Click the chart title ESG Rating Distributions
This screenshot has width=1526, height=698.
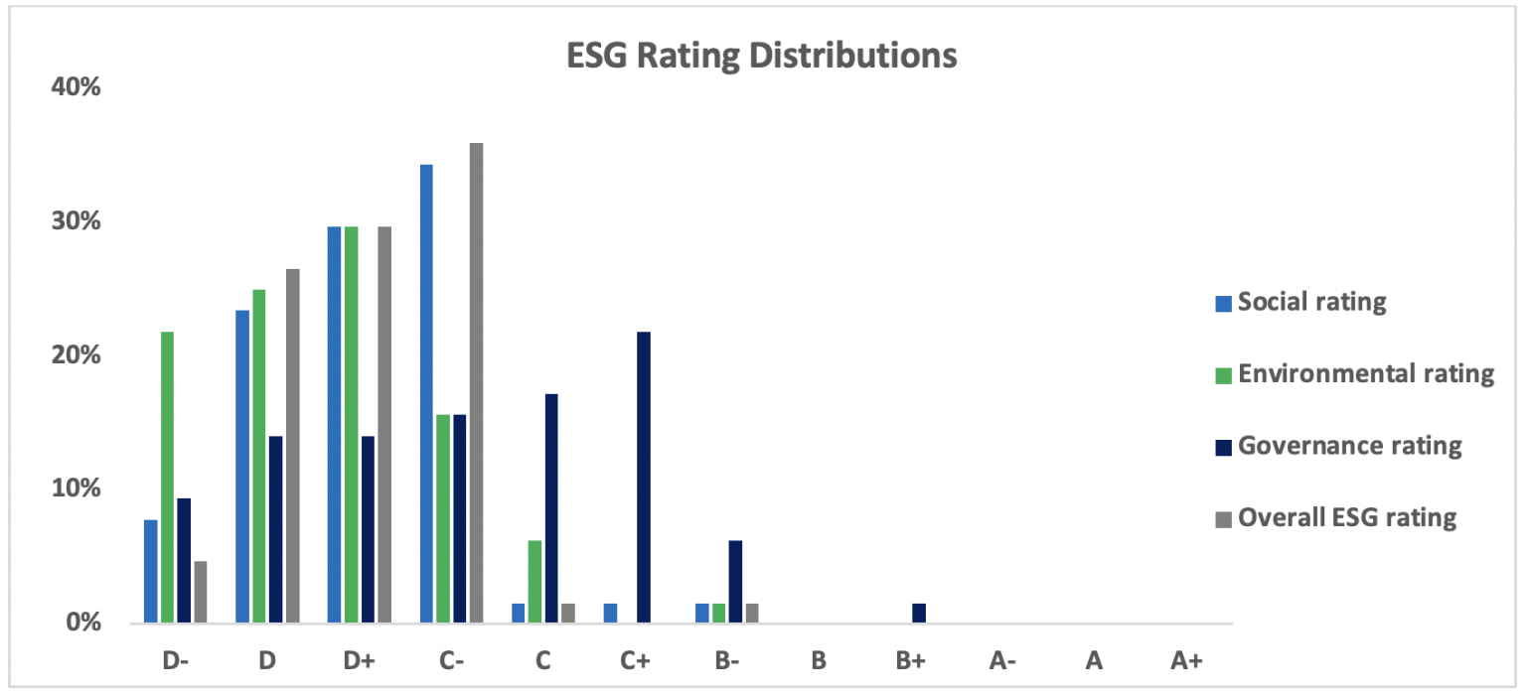[761, 56]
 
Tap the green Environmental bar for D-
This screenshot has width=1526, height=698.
[167, 478]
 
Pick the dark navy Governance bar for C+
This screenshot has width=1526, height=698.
[643, 478]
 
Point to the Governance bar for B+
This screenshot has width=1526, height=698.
[918, 614]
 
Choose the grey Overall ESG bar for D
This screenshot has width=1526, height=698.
[292, 446]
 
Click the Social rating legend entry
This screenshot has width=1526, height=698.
[1311, 302]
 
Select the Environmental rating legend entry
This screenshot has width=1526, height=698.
[1365, 374]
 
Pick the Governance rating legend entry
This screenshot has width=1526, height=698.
[1349, 446]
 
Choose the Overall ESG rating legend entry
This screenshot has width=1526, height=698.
[1346, 517]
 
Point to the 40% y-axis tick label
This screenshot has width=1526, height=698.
[76, 87]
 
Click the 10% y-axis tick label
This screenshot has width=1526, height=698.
[76, 489]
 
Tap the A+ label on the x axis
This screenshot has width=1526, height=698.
[1186, 660]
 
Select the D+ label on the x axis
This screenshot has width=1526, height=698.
[359, 660]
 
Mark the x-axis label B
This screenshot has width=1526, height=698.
[818, 660]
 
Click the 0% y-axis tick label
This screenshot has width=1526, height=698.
[83, 624]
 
